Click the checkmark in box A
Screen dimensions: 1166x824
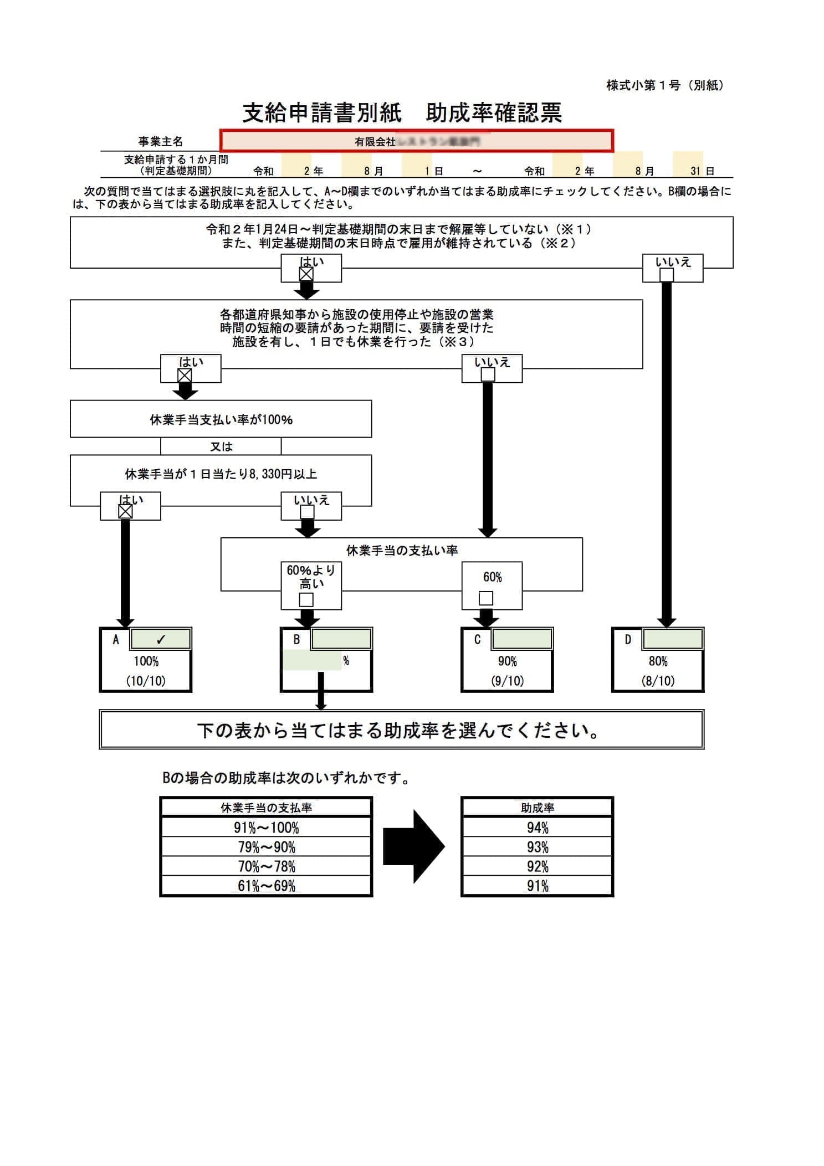coord(161,639)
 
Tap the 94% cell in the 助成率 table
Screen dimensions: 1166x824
coord(537,828)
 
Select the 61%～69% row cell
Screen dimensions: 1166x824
coord(266,886)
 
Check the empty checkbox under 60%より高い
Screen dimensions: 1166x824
coord(306,599)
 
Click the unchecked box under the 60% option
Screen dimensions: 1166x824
coord(485,598)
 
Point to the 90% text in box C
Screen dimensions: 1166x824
coord(507,661)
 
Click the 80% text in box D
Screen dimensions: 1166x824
coord(658,661)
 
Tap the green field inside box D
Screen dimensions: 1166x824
coord(672,639)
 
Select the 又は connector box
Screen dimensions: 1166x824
coord(221,446)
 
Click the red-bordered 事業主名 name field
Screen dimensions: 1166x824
coord(417,141)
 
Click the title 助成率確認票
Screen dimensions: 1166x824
coord(493,113)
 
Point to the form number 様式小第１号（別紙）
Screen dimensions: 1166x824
coord(665,85)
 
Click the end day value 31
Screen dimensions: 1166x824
coord(695,171)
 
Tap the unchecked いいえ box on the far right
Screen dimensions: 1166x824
coord(667,275)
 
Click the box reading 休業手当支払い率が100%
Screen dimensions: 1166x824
coord(221,419)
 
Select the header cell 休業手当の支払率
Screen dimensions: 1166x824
coord(266,808)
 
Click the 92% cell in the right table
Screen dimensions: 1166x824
coord(537,866)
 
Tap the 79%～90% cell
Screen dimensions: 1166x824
coord(266,847)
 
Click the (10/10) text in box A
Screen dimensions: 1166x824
coord(146,681)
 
